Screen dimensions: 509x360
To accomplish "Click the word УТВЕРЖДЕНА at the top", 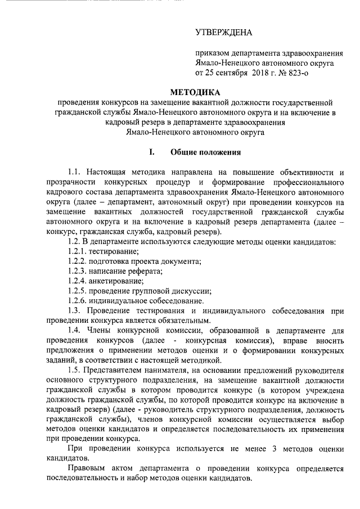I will pos(224,33).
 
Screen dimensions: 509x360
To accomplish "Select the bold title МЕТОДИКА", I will pos(195,92).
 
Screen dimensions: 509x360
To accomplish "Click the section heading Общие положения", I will pos(206,151).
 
